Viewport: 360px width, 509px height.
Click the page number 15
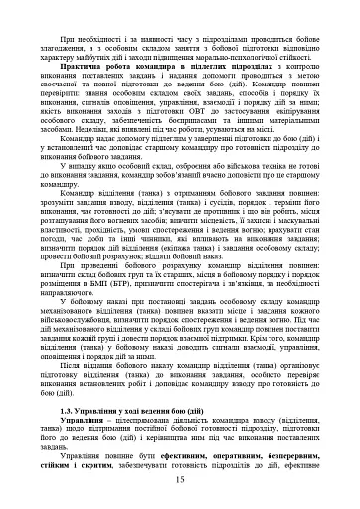point(180,481)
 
